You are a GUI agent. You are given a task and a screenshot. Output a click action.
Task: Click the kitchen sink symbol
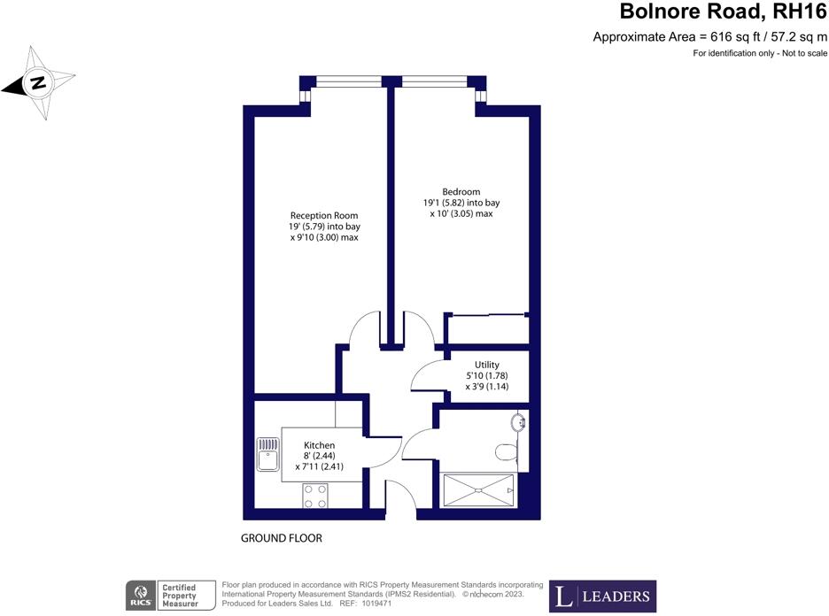point(268,455)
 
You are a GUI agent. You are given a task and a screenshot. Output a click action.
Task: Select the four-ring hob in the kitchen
point(315,496)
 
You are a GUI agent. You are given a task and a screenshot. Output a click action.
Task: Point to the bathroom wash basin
point(519,422)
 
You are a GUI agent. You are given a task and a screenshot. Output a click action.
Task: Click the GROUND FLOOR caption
point(281,538)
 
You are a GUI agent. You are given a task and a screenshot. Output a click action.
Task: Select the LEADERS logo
point(601,596)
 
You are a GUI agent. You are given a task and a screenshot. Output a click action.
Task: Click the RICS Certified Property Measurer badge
point(171,596)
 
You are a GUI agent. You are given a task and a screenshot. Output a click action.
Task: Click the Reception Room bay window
point(347,82)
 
